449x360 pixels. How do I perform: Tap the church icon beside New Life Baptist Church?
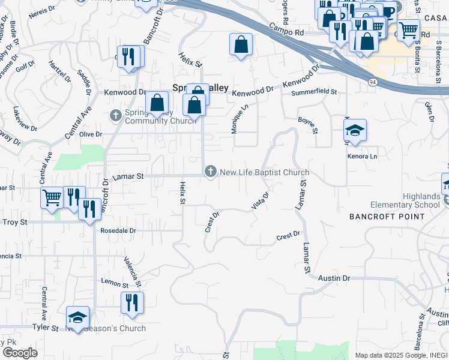click(x=210, y=172)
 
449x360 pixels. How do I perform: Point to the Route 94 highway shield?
click(x=373, y=81)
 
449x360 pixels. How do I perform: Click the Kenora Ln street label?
click(x=363, y=157)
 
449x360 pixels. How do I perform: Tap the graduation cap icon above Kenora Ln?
click(x=355, y=130)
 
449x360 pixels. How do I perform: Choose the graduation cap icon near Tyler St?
click(x=77, y=317)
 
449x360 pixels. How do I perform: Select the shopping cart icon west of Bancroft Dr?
click(x=52, y=197)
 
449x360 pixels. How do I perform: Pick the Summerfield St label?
click(x=314, y=93)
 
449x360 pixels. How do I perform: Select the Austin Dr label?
click(x=334, y=278)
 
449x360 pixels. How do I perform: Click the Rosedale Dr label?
click(x=118, y=230)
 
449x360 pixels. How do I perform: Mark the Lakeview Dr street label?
click(x=25, y=120)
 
